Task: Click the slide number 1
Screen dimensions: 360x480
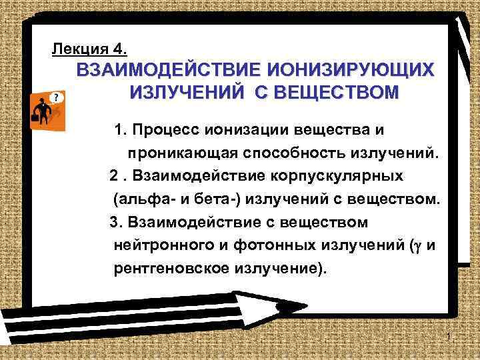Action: (x=451, y=335)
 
